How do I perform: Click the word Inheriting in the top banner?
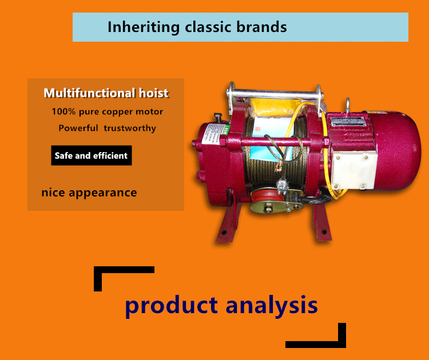pyautogui.click(x=144, y=27)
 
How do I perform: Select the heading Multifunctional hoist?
pyautogui.click(x=106, y=93)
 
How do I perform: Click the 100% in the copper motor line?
pyautogui.click(x=63, y=111)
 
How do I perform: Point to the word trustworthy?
pyautogui.click(x=130, y=128)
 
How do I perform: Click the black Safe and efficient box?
pyautogui.click(x=92, y=155)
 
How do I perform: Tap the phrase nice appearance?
pyautogui.click(x=89, y=193)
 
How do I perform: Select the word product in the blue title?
pyautogui.click(x=172, y=306)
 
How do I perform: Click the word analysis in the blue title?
pyautogui.click(x=272, y=306)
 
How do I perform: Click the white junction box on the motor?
pyautogui.click(x=353, y=170)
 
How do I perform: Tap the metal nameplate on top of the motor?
pyautogui.click(x=347, y=122)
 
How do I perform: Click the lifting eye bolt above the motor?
pyautogui.click(x=347, y=105)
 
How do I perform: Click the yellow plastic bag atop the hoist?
pyautogui.click(x=273, y=108)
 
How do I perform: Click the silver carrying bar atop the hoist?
pyautogui.click(x=275, y=94)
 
